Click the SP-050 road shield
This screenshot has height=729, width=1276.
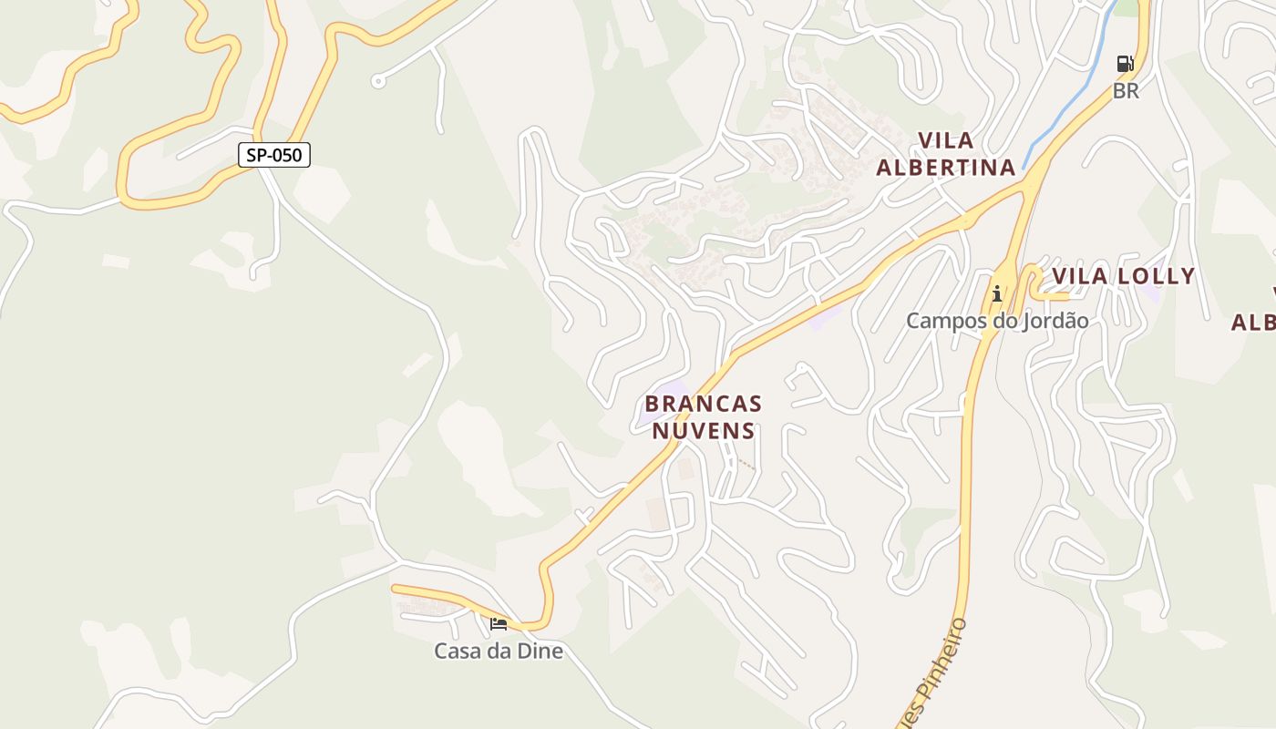click(x=274, y=155)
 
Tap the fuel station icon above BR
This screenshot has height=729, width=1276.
click(x=1126, y=64)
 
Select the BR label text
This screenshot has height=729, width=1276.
click(x=1126, y=91)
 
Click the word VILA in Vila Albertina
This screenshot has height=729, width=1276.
click(x=946, y=140)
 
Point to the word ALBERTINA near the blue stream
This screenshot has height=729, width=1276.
click(x=946, y=168)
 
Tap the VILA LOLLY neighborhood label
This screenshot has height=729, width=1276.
click(x=1123, y=276)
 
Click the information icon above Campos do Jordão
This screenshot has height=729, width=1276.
click(x=997, y=293)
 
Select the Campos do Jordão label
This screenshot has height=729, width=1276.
click(x=997, y=321)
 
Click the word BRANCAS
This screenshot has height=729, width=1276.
click(x=703, y=403)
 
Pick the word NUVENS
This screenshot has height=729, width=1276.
click(x=703, y=430)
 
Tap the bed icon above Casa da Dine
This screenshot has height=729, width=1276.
click(x=499, y=624)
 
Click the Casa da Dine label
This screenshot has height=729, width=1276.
click(x=499, y=652)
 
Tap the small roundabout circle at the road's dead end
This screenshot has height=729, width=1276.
click(x=378, y=82)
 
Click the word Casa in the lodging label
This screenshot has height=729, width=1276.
click(x=455, y=652)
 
